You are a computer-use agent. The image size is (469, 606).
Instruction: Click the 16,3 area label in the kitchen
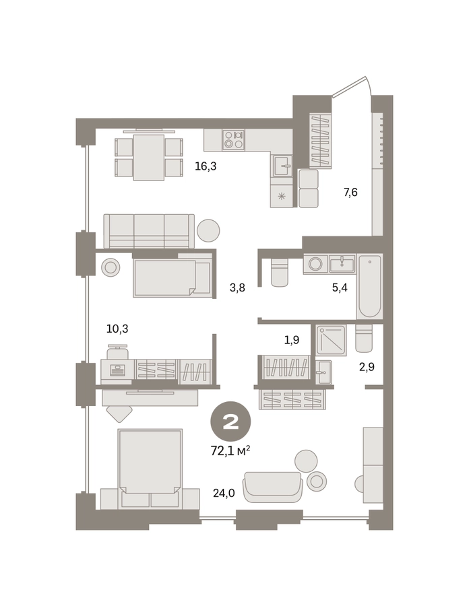point(206,166)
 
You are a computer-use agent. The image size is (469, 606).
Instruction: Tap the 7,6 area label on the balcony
point(350,192)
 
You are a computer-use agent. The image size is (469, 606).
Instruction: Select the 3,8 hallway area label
point(237,288)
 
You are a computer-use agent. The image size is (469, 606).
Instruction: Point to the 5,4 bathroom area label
point(340,288)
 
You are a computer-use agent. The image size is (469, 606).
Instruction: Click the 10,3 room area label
point(117,329)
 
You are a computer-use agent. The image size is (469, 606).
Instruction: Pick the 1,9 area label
point(292,340)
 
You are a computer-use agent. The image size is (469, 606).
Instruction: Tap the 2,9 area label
point(367,367)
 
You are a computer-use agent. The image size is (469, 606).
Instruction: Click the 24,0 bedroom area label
point(224,493)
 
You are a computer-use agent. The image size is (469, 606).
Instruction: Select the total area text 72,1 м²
point(230,450)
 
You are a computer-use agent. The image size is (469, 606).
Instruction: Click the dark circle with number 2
point(230,422)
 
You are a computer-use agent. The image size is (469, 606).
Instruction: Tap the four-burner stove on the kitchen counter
point(233,140)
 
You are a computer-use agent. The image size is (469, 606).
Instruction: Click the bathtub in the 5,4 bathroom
point(370,286)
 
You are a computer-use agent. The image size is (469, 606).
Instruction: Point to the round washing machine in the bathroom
point(315,265)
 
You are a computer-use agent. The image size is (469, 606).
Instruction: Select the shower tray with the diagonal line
point(331,340)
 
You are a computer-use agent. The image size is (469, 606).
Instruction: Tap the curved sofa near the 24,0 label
point(272,487)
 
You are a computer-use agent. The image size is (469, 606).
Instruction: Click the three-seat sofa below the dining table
point(149,231)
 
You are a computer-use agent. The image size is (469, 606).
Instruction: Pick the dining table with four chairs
point(149,157)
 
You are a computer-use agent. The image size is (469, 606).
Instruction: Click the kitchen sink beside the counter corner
point(282,166)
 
